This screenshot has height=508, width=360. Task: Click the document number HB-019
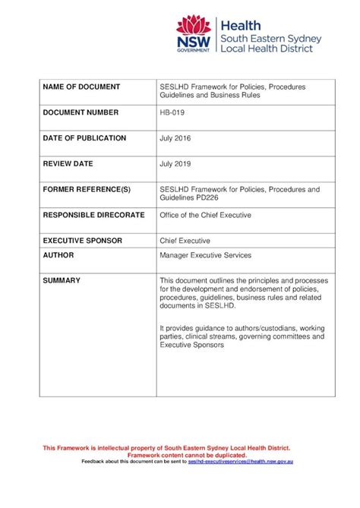click(x=172, y=112)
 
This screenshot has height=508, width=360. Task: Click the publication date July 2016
click(x=175, y=138)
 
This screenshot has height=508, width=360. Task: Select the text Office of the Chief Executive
click(x=205, y=215)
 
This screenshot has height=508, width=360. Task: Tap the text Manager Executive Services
click(x=205, y=256)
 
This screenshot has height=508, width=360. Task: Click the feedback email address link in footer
click(x=241, y=461)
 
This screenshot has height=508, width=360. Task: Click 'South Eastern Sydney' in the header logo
click(x=270, y=38)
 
